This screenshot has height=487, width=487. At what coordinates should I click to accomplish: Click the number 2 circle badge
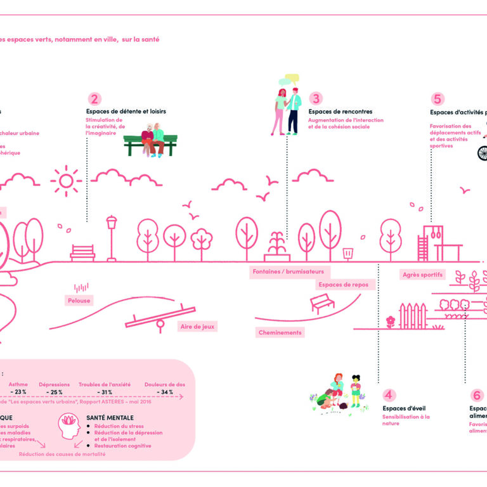[x=94, y=99]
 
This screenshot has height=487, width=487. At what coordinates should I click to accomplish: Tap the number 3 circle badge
[x=316, y=99]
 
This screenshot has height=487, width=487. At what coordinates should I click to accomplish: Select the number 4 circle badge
[x=389, y=394]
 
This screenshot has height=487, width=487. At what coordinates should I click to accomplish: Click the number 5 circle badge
[x=438, y=99]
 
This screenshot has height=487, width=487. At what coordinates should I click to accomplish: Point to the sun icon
[x=66, y=180]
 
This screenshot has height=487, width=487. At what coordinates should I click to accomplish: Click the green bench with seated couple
[x=151, y=141]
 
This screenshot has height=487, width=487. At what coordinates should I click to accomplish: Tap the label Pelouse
[x=79, y=301]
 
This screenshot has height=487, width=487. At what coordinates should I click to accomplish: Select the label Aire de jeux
[x=198, y=327]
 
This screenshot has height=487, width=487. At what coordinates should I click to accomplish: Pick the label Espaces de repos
[x=343, y=285]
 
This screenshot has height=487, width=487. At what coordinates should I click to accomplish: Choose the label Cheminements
[x=280, y=332]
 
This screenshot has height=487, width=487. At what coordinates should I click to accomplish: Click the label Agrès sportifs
[x=423, y=275]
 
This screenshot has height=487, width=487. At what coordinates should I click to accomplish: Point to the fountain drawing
[x=276, y=247]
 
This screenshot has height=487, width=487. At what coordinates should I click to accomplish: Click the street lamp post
[x=112, y=238]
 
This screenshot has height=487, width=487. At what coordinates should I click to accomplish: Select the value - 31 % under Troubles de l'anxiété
[x=105, y=393]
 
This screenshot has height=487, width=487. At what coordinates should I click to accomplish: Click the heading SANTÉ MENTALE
[x=110, y=418]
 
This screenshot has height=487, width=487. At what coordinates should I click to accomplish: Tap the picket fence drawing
[x=412, y=316]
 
